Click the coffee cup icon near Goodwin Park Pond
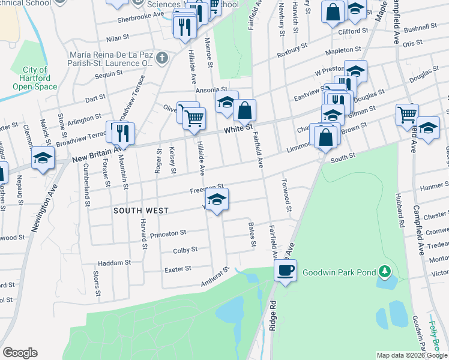286,271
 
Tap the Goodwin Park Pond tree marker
384,273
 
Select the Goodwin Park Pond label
339,272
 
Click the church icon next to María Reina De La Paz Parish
161,59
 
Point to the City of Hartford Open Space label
35,78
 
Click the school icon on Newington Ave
43,158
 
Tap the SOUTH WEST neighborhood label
141,211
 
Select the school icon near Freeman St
217,199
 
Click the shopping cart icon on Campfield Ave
408,114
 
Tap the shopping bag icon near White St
245,110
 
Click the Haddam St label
114,263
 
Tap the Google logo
20,353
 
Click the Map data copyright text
411,355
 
